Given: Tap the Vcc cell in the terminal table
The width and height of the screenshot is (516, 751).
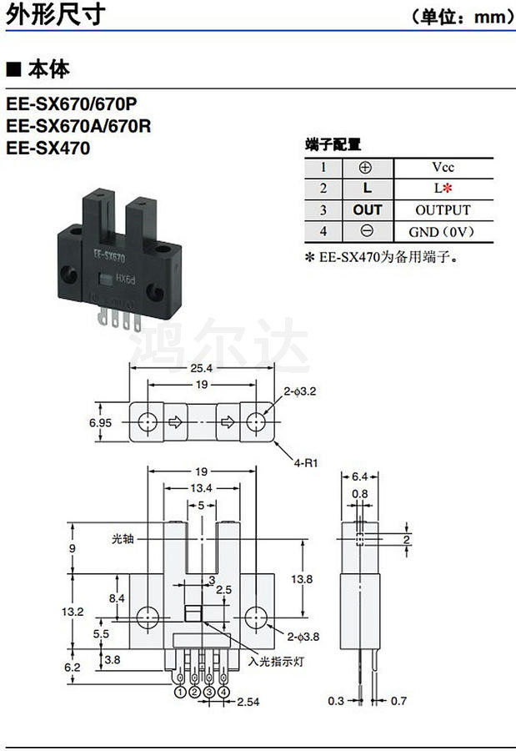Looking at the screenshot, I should [443, 167].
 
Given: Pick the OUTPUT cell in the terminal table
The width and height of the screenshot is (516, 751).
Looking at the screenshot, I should [443, 210].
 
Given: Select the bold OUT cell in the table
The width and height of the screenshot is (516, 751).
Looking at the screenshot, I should [367, 210].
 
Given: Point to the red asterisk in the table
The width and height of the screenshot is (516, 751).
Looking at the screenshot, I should [448, 189].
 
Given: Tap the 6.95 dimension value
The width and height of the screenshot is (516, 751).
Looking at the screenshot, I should [101, 423].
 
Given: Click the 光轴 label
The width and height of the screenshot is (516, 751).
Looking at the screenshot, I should [122, 538].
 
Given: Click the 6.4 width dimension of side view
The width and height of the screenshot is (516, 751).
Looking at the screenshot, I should [359, 476].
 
